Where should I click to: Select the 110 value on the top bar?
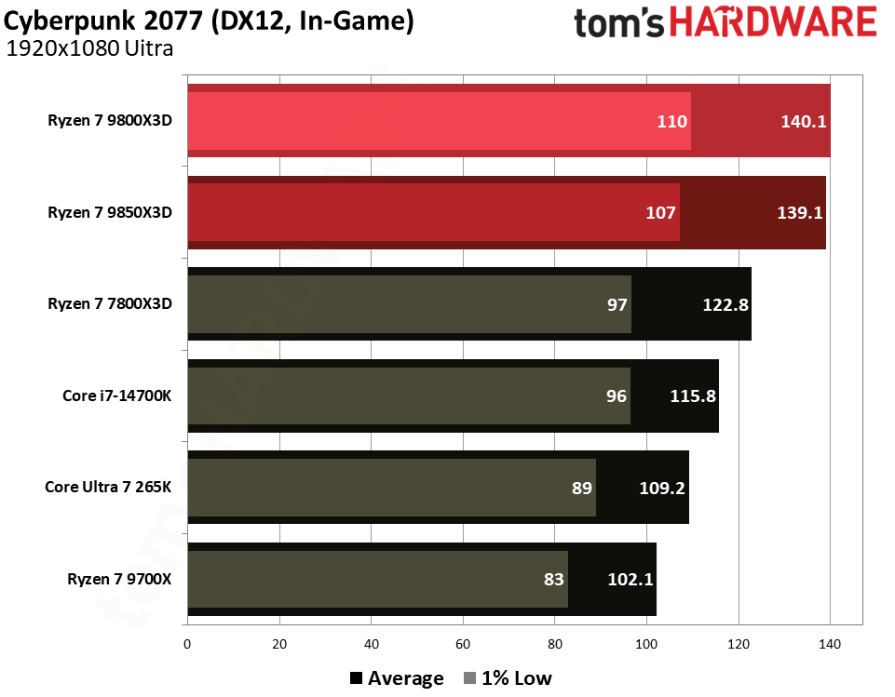click(671, 121)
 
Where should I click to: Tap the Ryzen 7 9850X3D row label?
click(110, 212)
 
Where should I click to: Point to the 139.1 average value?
click(799, 212)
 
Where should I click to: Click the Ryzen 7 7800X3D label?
click(110, 303)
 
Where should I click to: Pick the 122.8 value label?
click(725, 303)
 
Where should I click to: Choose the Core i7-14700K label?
click(114, 395)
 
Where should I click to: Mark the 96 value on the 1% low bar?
click(617, 395)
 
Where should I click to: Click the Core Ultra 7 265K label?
click(109, 487)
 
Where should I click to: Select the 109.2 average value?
click(662, 487)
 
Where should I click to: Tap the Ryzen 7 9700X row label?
click(120, 579)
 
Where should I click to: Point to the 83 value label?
click(554, 579)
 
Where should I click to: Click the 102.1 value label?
click(631, 579)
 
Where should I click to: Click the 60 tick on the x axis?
click(463, 643)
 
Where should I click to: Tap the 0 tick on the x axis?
click(188, 643)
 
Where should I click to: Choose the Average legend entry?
click(398, 678)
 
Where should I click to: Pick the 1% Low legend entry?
click(509, 678)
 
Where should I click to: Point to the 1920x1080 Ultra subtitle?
click(89, 49)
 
